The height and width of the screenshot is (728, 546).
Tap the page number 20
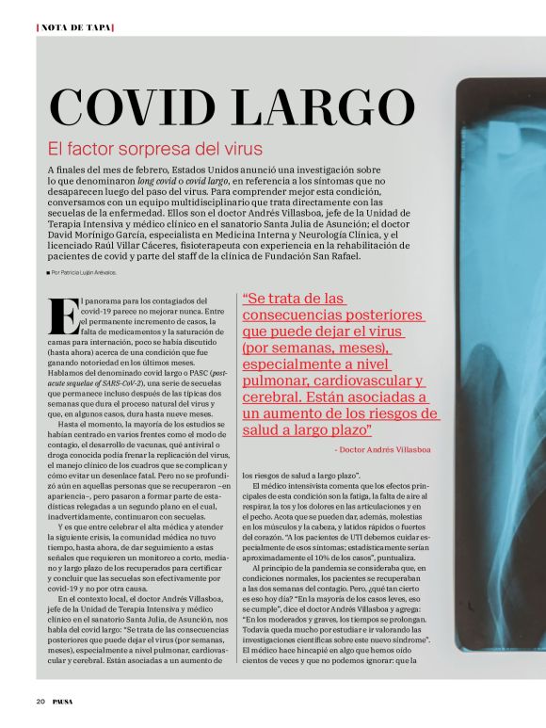[x=40, y=702]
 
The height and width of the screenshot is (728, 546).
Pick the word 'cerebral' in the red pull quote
[x=280, y=397]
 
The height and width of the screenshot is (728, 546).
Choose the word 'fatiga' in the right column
[x=377, y=486]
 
